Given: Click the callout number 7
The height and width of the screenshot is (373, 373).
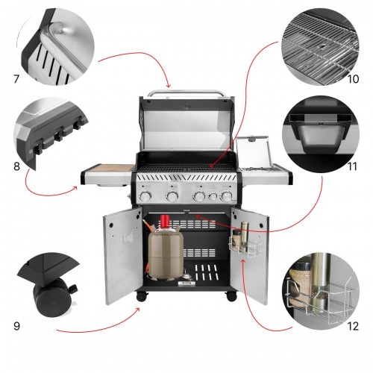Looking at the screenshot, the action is pos(16,79).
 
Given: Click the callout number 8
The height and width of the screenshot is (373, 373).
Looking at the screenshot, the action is pos(16,166).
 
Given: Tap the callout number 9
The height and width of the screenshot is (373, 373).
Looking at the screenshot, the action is pos(16,326).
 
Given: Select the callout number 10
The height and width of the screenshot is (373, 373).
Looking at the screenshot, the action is pos(353,79).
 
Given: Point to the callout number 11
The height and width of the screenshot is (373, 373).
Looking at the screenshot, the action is pos(352,166).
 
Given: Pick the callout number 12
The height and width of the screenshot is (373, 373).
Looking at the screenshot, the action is pos(353,326).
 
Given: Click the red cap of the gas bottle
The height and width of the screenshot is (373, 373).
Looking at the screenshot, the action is pos(164,221).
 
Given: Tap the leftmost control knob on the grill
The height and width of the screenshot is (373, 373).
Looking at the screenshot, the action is pos(145,197).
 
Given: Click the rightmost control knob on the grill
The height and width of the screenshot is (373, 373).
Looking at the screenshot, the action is pos(226,196).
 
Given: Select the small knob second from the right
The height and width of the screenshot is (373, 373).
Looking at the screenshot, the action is pos(213,197).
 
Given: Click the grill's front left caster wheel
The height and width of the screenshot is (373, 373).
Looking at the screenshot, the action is pos(142,297).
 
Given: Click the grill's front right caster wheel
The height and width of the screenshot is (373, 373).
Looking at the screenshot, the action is pos(231,296).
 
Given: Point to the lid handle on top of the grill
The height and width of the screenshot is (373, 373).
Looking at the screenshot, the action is pos(186,93).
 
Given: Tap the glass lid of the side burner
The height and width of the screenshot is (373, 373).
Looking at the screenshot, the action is pos(254,151).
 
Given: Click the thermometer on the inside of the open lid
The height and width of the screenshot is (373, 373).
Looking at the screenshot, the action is pos(186,107).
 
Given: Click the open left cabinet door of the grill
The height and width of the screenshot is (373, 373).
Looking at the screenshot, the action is pos(122,256).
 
